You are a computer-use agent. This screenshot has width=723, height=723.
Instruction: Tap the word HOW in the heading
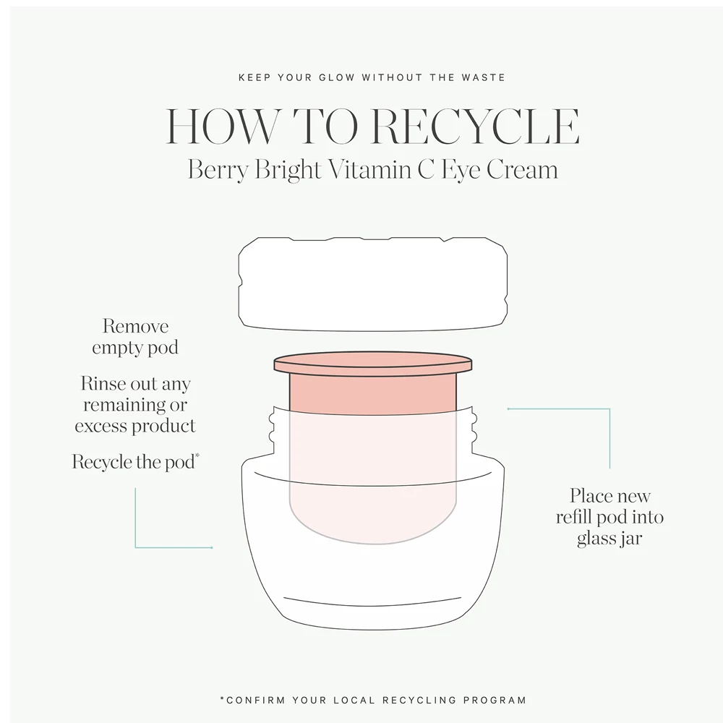(x=223, y=127)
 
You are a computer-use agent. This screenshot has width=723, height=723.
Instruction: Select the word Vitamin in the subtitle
(x=369, y=169)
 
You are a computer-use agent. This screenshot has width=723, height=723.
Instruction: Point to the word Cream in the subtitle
(x=523, y=169)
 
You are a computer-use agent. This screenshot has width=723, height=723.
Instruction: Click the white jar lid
(x=373, y=283)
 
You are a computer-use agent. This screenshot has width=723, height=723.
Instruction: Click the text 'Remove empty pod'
(x=135, y=337)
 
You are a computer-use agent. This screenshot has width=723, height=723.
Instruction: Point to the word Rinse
(x=103, y=383)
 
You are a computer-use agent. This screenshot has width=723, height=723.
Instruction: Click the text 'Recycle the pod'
(x=133, y=462)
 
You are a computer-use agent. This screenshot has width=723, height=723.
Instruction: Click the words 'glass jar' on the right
(x=609, y=539)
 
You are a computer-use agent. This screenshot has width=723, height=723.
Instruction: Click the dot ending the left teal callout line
(x=212, y=548)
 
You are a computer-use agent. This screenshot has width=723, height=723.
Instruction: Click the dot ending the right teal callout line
(x=508, y=409)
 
